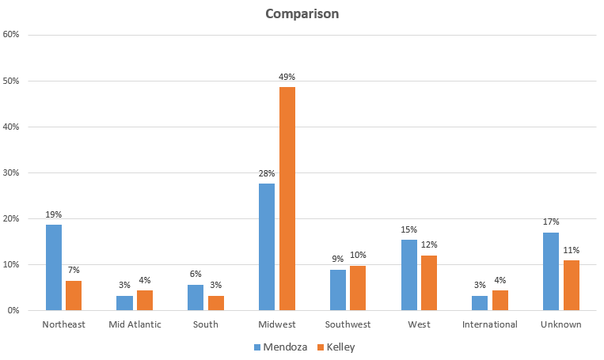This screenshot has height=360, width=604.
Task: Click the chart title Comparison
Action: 302,14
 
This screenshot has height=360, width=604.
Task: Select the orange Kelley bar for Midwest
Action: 287,198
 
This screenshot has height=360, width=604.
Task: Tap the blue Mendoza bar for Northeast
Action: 53,267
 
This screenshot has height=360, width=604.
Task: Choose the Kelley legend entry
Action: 333,347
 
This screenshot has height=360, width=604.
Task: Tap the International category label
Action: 490,324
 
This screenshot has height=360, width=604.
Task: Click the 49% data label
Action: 287,77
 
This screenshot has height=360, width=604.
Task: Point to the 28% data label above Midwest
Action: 267,173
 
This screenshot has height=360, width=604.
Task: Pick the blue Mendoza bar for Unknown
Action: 551,271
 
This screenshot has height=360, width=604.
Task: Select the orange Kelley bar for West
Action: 429,282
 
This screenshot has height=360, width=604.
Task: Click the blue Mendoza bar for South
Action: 196,297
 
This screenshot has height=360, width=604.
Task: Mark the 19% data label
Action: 53,214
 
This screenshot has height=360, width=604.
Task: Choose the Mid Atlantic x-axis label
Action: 134,324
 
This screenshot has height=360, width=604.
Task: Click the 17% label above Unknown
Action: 551,222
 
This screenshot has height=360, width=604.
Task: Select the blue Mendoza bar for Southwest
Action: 337,290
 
